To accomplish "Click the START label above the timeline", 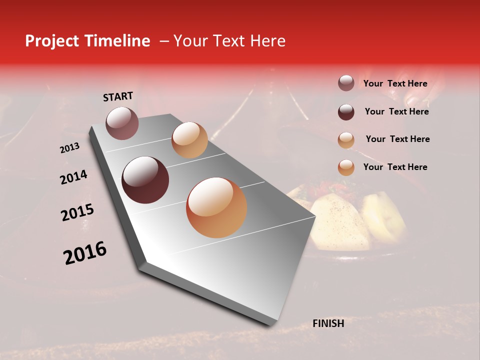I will (x=118, y=96).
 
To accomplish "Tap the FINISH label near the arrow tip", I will (x=328, y=323).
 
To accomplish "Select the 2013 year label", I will (x=70, y=148).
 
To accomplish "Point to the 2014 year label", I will (x=73, y=177).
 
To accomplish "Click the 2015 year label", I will (x=77, y=212).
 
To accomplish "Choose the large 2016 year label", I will (x=85, y=253).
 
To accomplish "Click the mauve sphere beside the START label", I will (x=122, y=123).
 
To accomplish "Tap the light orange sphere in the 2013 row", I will (x=189, y=140).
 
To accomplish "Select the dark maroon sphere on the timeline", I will (x=145, y=180).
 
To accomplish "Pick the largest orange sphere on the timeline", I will (x=216, y=207).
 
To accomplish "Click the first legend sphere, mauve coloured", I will (x=346, y=83).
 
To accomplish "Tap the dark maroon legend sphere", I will (x=346, y=112).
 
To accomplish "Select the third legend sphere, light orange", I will (x=346, y=140).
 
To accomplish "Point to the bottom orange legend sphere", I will (x=346, y=167).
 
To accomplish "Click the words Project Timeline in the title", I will (x=87, y=41).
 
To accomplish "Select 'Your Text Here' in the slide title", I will (x=229, y=41).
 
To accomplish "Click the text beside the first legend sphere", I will (x=395, y=84).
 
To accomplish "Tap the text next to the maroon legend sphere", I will (x=396, y=111).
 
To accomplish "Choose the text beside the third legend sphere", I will (x=397, y=139).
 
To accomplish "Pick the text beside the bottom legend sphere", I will (x=395, y=167).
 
